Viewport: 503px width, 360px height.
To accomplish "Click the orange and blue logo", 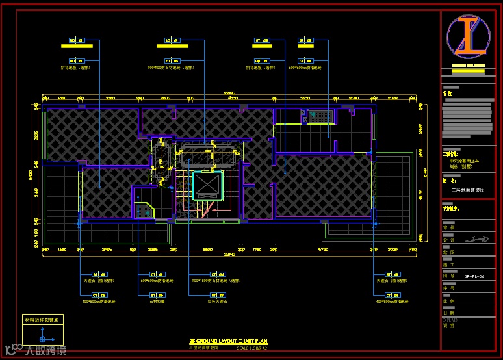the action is [468, 36].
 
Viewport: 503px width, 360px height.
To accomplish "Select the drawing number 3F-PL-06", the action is [474, 276].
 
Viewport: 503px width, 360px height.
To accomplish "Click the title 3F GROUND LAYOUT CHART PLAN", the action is [228, 341].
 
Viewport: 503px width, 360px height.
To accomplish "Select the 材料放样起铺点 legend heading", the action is [42, 320].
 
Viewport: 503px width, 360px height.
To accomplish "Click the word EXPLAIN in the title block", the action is [450, 320].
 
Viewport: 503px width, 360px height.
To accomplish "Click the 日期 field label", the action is [448, 313].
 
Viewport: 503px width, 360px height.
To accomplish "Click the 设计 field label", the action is [448, 240].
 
